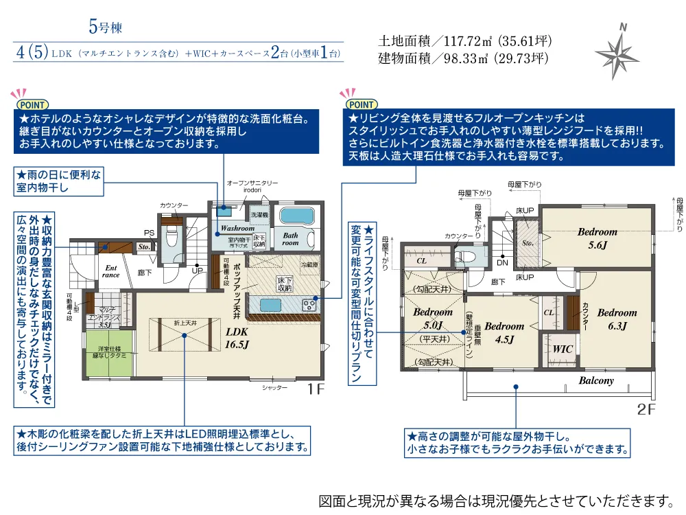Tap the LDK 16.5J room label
pyautogui.click(x=237, y=336)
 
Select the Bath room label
pyautogui.click(x=291, y=238)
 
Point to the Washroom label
pyautogui.click(x=237, y=228)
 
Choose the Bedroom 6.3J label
pyautogui.click(x=617, y=319)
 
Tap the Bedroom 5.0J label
pyautogui.click(x=434, y=319)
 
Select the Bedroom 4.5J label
pyautogui.click(x=504, y=332)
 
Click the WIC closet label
pyautogui.click(x=563, y=349)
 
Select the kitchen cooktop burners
pyautogui.click(x=309, y=305)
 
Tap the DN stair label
pyautogui.click(x=502, y=262)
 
